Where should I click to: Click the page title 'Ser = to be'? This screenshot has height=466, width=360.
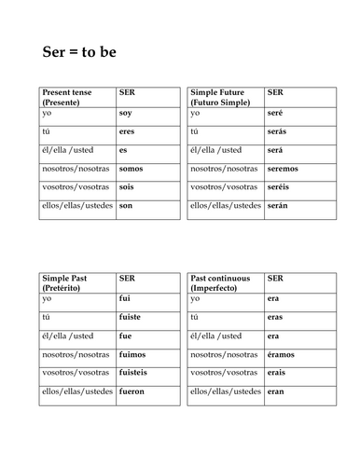81,50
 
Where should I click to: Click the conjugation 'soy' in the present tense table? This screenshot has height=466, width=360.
126,115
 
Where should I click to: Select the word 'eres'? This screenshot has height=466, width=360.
128,132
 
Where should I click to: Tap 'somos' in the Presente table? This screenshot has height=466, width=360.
132,169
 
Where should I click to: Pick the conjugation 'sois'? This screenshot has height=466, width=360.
127,187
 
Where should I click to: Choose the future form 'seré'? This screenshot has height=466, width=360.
275,115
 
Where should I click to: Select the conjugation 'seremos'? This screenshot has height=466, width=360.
283,169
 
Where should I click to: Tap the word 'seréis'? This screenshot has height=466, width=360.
279,187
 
